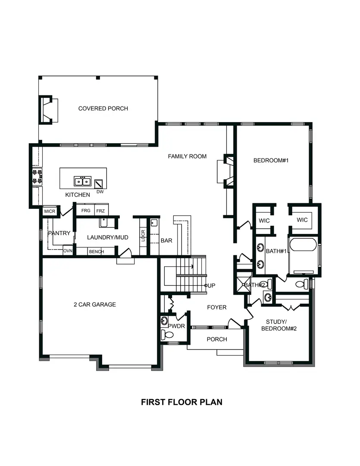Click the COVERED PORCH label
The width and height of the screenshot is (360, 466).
(x=103, y=108)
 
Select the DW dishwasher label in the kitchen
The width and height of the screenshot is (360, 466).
(x=100, y=192)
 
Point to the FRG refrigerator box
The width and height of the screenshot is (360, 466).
(x=86, y=211)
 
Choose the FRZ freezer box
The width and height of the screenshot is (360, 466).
(x=100, y=211)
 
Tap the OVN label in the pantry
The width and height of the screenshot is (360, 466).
(x=67, y=251)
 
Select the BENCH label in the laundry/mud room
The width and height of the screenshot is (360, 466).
(x=96, y=252)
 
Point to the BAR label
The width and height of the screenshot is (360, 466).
(x=166, y=240)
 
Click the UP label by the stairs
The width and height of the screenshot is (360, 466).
(x=211, y=286)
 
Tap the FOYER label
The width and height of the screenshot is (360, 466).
(x=216, y=307)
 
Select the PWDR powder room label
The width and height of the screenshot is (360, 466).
(x=176, y=326)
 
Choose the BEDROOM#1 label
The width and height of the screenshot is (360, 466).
(x=270, y=160)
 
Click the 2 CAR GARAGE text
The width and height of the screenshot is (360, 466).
(x=94, y=304)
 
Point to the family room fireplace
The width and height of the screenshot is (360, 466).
(x=225, y=170)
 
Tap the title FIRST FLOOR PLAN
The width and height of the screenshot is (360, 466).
(x=182, y=402)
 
